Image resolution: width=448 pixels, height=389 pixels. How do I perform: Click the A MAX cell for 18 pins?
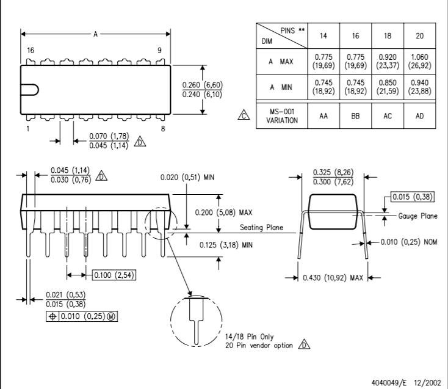[388, 62]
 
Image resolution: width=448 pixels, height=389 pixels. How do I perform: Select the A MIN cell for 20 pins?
[420, 87]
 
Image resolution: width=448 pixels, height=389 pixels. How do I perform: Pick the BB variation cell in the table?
[355, 116]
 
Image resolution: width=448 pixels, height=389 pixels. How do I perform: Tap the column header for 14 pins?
[323, 36]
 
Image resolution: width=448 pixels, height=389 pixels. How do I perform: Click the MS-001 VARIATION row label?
[282, 116]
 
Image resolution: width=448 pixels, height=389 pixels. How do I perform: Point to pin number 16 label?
[31, 51]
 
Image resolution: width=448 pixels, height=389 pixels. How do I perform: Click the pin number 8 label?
[163, 129]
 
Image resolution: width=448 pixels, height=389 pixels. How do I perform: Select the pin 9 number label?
[159, 51]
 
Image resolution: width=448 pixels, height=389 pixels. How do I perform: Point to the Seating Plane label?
[261, 228]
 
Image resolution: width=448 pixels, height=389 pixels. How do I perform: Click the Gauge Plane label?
[417, 216]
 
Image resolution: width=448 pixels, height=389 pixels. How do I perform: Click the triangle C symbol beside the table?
[244, 115]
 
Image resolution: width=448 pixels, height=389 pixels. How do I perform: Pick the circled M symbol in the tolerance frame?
[111, 316]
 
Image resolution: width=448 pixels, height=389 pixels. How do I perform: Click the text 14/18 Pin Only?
[250, 336]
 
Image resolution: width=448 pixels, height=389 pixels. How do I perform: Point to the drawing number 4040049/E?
[389, 382]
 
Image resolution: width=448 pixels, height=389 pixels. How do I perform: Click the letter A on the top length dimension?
[95, 34]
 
